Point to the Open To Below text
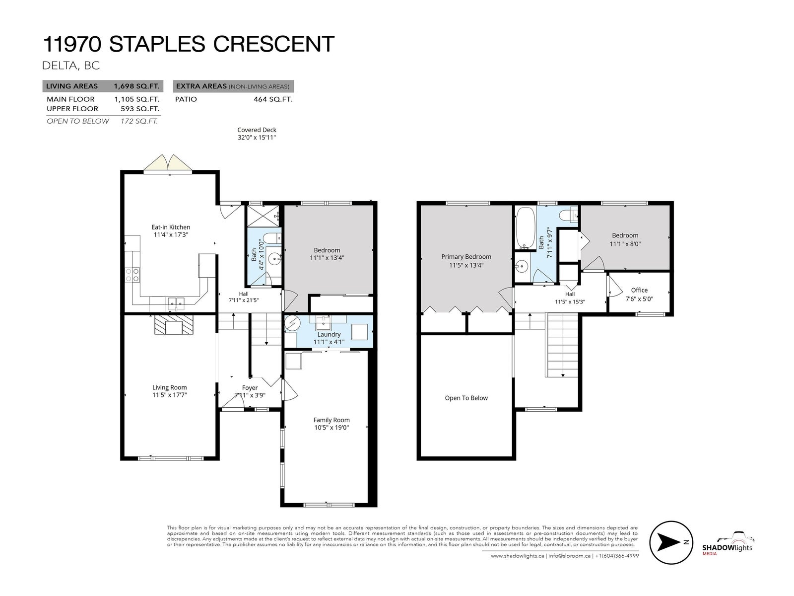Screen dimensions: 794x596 pos(466,398)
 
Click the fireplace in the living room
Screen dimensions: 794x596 pos(174,325)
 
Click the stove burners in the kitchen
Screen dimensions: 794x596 pos(132,275)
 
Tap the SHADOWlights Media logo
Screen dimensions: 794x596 pos(728,543)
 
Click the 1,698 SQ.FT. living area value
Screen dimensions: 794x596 pos(136,86)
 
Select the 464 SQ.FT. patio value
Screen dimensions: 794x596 pos(273,99)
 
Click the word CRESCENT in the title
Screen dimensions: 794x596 pos(273,44)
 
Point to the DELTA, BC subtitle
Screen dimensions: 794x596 pos(71,66)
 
